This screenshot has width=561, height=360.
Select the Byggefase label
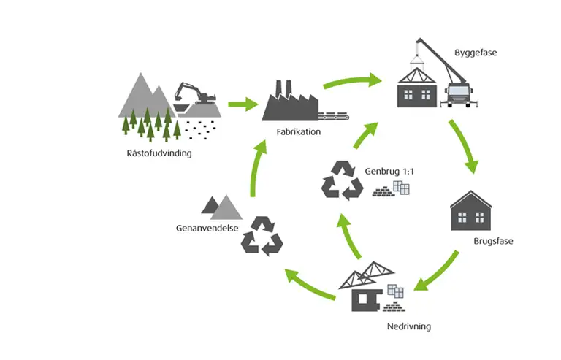[x=474, y=54]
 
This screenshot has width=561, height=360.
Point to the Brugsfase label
[x=494, y=241]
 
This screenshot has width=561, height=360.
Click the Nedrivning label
[x=408, y=326]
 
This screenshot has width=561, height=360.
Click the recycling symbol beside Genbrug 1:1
[x=342, y=181]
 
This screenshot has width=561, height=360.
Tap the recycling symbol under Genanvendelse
[x=262, y=235]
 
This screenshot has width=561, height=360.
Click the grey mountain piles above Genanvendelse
[x=222, y=207]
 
